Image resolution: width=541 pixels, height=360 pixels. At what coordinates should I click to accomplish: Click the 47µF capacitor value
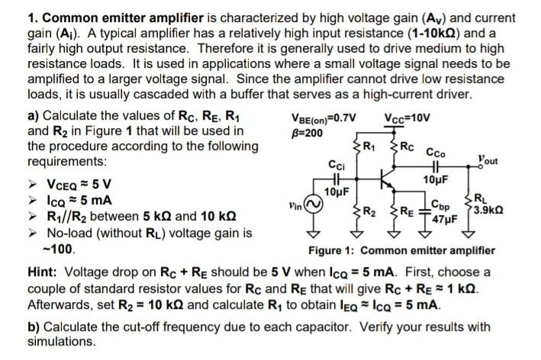(x=443, y=217)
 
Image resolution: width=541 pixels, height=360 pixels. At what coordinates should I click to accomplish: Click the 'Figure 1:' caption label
(x=333, y=251)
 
